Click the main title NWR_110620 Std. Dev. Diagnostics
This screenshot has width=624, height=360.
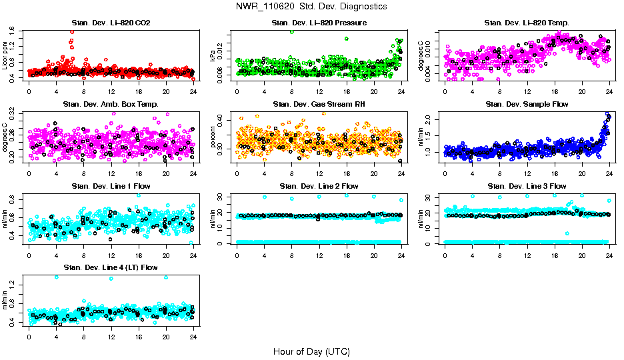pyautogui.click(x=311, y=6)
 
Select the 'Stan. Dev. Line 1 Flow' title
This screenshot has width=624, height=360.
pyautogui.click(x=111, y=186)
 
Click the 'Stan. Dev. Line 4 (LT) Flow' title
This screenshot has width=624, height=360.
pyautogui.click(x=111, y=267)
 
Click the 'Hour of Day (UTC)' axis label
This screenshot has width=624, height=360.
pyautogui.click(x=311, y=351)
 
